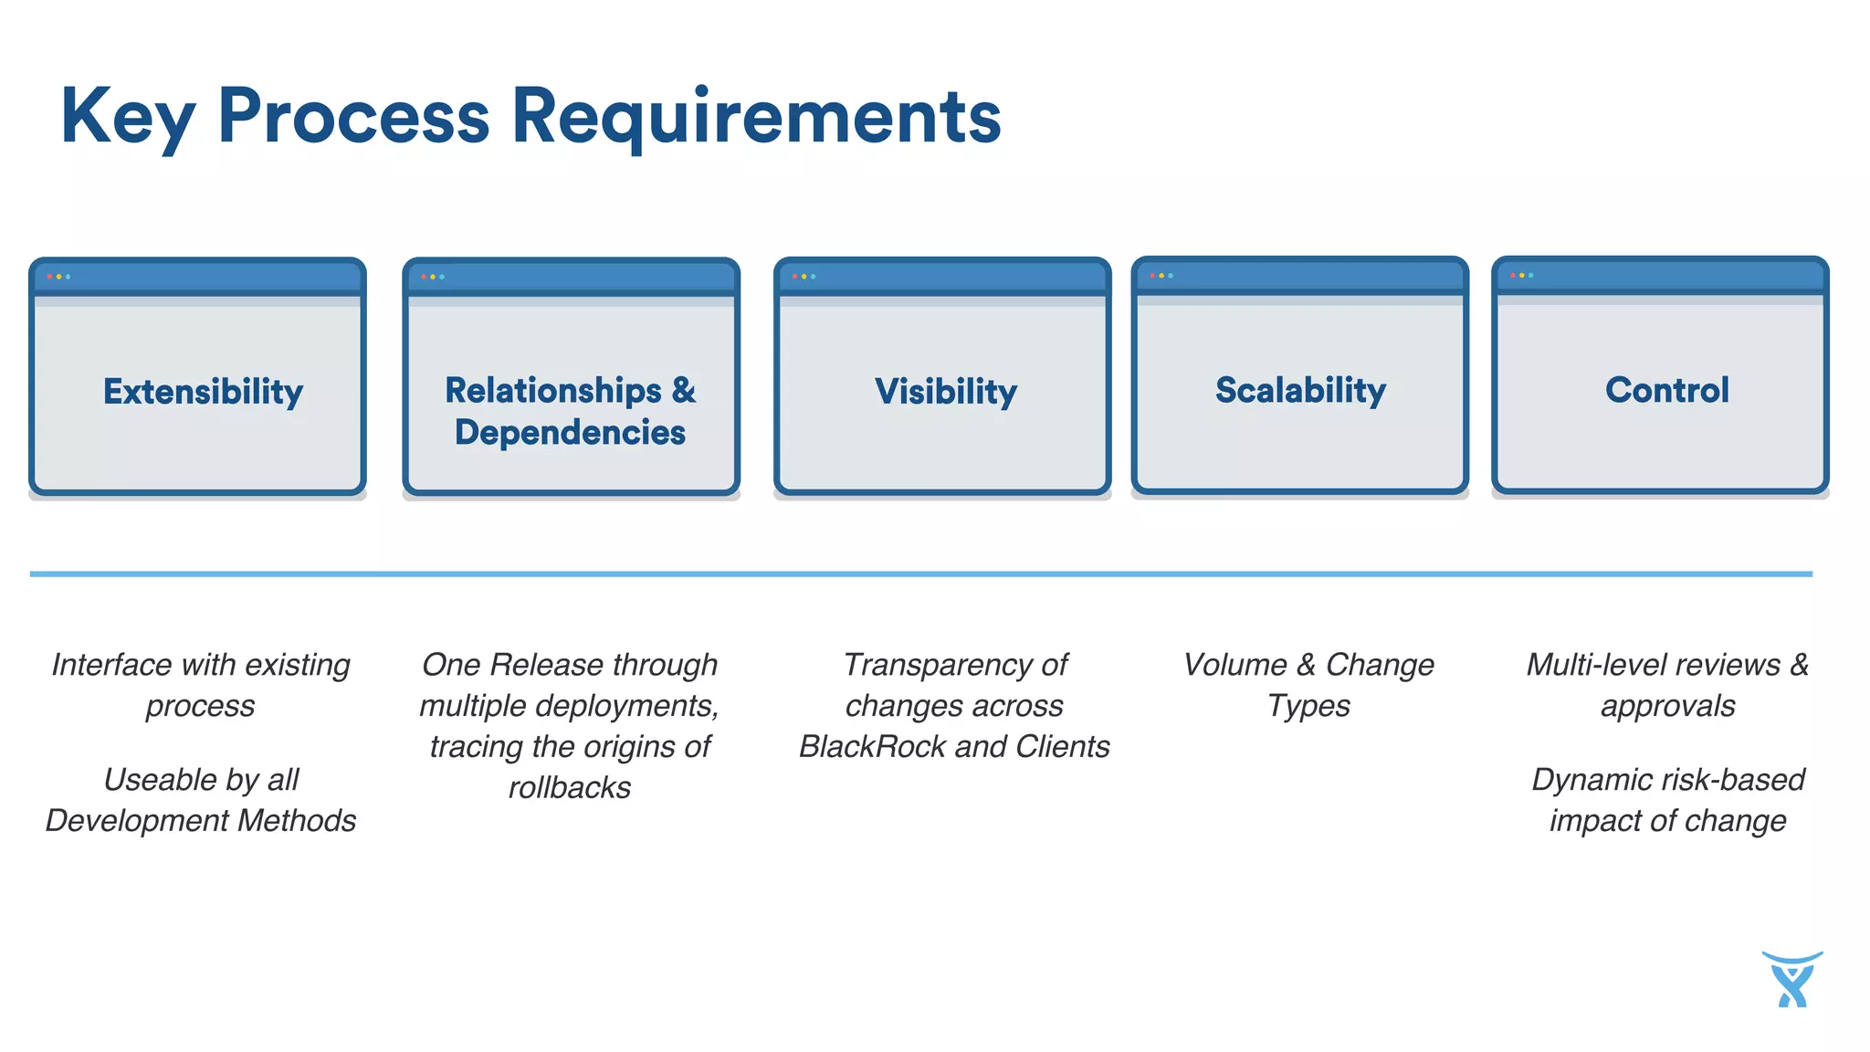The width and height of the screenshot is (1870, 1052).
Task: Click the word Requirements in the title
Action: (x=756, y=117)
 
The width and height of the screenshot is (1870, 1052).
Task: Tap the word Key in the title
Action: (x=128, y=117)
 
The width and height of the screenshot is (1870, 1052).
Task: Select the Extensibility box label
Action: (x=203, y=392)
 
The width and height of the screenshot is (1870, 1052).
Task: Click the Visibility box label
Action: (x=946, y=392)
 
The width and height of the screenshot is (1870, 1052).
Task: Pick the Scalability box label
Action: (x=1300, y=390)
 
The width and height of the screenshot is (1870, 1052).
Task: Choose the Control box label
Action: (x=1667, y=390)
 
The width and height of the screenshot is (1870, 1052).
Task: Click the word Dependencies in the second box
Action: (x=570, y=433)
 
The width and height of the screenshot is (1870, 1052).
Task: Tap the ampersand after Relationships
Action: (x=684, y=390)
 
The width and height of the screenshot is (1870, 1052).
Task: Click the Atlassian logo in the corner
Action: (x=1792, y=979)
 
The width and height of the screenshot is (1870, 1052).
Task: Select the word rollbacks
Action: (x=570, y=788)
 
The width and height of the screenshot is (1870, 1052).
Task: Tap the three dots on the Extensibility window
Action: (x=58, y=276)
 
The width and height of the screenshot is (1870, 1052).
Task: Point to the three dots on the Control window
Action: (x=1521, y=275)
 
